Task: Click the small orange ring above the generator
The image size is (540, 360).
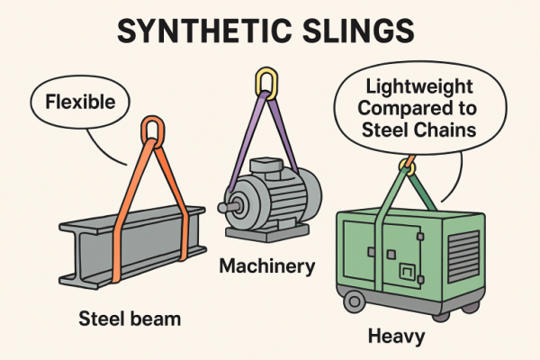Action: [x=409, y=166]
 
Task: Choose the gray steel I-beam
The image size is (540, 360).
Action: [x=126, y=243]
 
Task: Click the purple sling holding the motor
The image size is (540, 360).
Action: [x=286, y=135]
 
